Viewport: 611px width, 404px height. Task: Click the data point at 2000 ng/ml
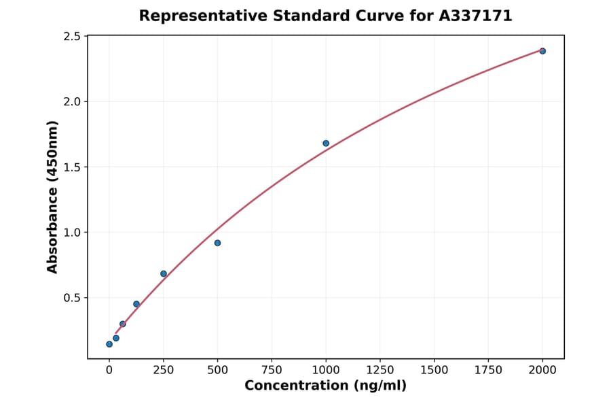(x=542, y=51)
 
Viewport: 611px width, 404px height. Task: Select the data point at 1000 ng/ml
(x=326, y=144)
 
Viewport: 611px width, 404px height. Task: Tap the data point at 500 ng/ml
(x=217, y=243)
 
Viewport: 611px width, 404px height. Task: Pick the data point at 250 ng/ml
(x=164, y=273)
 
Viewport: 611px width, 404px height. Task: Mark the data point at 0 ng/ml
(x=109, y=344)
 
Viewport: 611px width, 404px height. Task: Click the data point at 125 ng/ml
(x=136, y=304)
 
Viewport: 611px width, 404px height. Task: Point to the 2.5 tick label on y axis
(x=71, y=36)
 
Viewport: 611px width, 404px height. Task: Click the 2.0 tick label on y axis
(x=71, y=101)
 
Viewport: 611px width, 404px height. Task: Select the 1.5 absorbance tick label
(x=71, y=167)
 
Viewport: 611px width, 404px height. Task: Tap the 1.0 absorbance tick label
(x=71, y=232)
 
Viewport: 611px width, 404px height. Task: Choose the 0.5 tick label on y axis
(x=71, y=297)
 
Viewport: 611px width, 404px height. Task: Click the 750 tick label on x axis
(x=272, y=370)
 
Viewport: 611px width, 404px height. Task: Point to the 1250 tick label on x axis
(x=380, y=370)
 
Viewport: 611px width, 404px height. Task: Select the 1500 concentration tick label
(x=434, y=370)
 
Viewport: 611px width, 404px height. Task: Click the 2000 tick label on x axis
(x=542, y=370)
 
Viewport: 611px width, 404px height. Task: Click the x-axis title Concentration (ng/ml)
(x=326, y=386)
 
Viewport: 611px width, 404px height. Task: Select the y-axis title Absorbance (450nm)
(x=52, y=197)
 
